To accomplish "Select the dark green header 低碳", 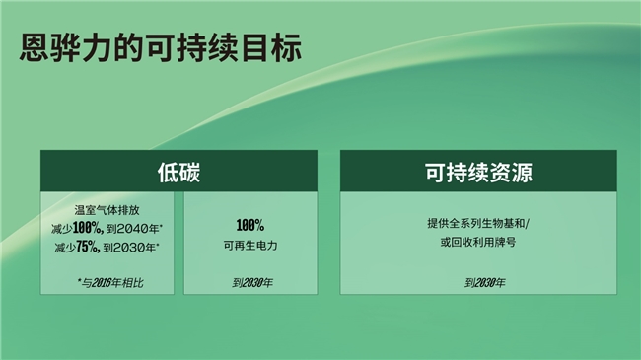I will point(178,170).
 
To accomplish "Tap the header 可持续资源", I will point(478,170).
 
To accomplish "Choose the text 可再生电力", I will point(249,244).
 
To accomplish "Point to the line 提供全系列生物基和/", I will point(478,224).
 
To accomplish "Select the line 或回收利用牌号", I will point(478,243).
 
